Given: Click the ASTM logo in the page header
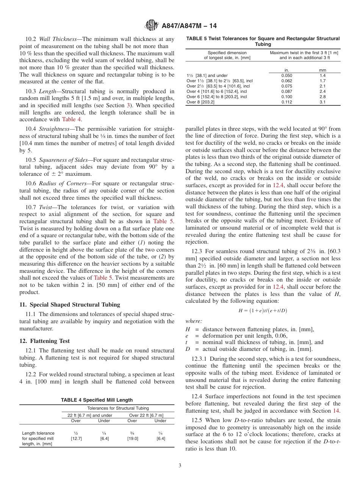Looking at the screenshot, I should [152, 26].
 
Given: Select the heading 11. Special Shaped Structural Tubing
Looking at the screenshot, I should [69, 304].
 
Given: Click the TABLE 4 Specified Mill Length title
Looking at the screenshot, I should [97, 400].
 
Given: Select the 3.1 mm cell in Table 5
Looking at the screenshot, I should [322, 102].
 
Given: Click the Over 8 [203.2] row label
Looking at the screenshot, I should [200, 102].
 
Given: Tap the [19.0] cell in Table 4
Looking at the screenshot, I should [132, 438].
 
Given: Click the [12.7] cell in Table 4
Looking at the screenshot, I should [76, 438].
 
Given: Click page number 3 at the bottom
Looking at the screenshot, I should [180, 465].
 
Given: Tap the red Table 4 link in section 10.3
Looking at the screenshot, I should [72, 119].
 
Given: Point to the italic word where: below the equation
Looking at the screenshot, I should [194, 321].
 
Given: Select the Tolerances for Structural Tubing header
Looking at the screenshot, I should [118, 408].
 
